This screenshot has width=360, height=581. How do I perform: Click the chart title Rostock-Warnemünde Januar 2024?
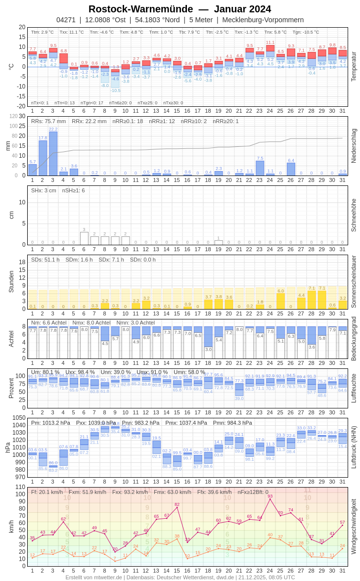pos(180,9)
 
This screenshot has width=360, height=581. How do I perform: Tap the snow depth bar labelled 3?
pos(84,238)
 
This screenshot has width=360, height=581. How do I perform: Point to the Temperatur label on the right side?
pos(353,66)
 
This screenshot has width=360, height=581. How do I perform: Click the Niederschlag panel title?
pos(353,146)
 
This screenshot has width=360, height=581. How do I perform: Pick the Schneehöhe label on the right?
pos(353,215)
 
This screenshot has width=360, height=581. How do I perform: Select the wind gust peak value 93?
pos(270,496)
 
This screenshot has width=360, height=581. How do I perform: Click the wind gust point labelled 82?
pos(177,504)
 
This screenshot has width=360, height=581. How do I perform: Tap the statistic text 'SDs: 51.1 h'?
pos(45,260)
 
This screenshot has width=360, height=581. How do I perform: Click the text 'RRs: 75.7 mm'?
pos(48,121)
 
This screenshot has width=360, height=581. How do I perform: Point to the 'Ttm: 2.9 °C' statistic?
pos(43,32)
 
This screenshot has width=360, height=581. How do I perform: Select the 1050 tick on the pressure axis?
pos(19,418)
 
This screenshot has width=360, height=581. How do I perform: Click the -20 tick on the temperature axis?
pos(22,106)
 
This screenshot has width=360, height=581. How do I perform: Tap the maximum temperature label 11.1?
pos(270,43)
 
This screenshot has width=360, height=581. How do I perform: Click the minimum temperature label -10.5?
pos(115,90)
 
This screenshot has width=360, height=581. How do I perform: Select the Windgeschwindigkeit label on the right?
pos(353,526)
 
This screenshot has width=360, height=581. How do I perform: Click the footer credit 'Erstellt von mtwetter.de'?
pos(94,577)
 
